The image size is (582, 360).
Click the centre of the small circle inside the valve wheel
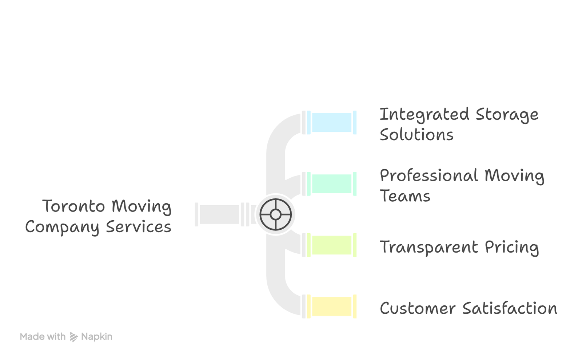(x=275, y=214)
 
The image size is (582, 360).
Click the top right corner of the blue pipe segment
(x=351, y=113)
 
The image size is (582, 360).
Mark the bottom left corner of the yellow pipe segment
(x=312, y=316)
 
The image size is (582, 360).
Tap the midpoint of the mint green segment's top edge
(x=332, y=175)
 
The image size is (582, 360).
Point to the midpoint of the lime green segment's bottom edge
(x=332, y=254)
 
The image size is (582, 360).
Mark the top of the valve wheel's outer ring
(x=275, y=199)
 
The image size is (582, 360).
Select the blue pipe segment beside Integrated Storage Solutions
(x=332, y=122)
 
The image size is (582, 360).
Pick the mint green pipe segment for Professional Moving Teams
(x=332, y=184)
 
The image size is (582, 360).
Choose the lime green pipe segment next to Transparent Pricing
(x=332, y=245)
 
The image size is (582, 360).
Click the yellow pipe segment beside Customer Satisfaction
(x=332, y=306)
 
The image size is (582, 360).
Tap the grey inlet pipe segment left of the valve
(x=220, y=214)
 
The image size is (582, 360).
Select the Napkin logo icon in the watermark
(x=74, y=337)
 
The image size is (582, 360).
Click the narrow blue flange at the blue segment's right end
(x=355, y=122)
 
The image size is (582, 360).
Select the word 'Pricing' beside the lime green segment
(x=512, y=248)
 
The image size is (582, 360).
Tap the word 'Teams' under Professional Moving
(x=405, y=196)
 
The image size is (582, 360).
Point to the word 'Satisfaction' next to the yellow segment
(x=510, y=308)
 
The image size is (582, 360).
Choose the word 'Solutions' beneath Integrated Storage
(x=416, y=135)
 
